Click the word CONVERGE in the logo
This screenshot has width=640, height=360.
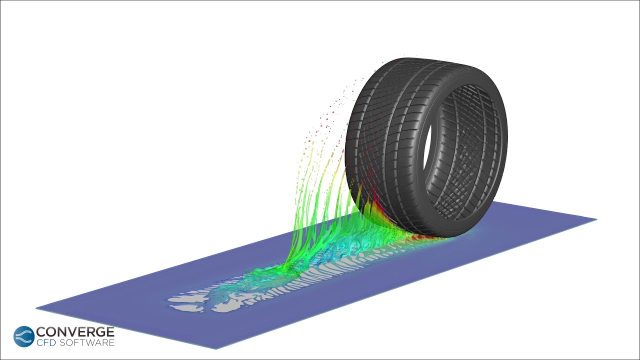pos(75,332)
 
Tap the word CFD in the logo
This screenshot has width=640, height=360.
pos(46,342)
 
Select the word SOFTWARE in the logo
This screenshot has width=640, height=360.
pos(87,342)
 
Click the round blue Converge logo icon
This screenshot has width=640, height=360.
pos(24,336)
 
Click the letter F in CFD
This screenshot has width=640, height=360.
pos(45,342)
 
